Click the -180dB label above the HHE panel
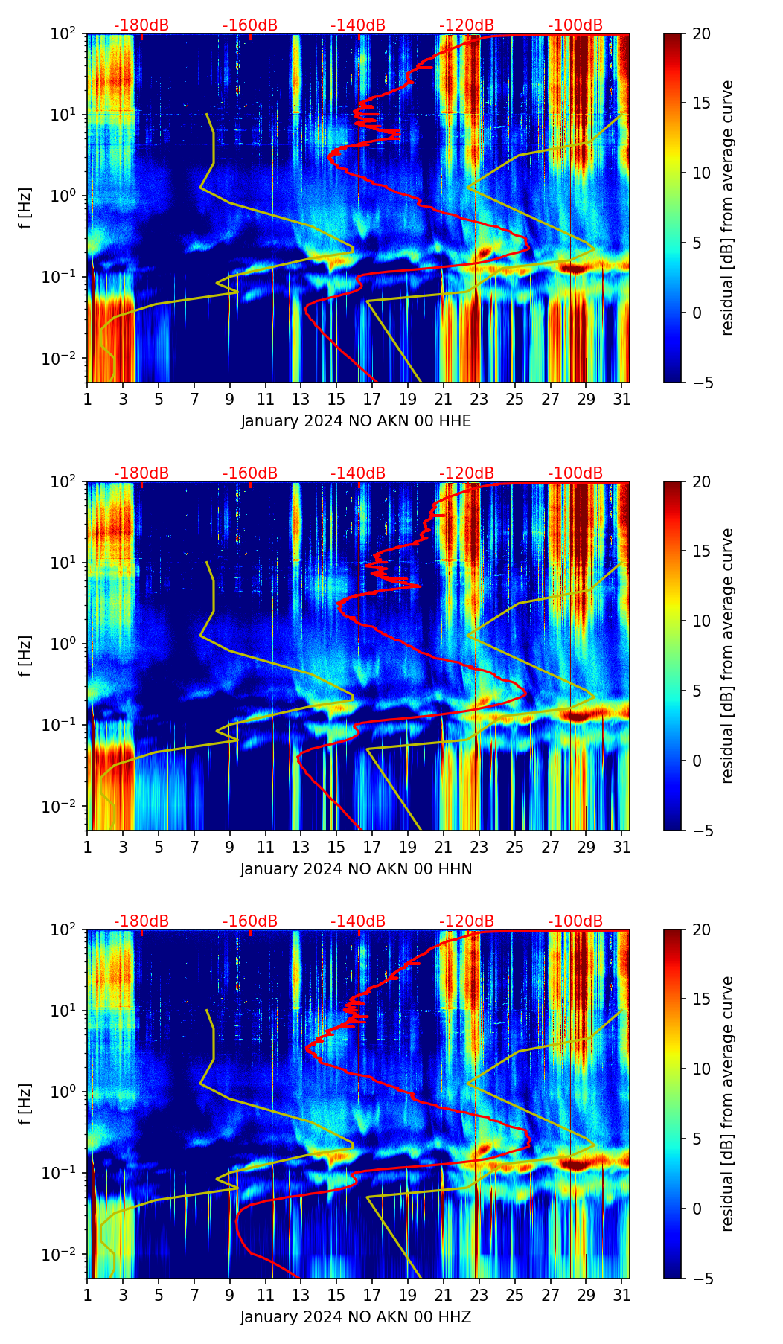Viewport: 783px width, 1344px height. (141, 25)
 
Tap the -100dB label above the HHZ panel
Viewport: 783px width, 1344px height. (575, 921)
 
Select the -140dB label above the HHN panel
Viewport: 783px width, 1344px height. (358, 473)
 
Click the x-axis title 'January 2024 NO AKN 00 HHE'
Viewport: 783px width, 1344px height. (356, 421)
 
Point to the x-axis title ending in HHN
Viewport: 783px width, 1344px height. (356, 869)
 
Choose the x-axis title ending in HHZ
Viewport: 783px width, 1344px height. (356, 1317)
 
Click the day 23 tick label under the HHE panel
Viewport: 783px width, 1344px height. (479, 400)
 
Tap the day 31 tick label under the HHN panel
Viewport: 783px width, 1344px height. (621, 848)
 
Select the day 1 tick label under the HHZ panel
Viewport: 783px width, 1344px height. (87, 1296)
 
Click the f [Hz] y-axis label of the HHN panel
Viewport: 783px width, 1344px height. (25, 656)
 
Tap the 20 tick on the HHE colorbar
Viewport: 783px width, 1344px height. (701, 33)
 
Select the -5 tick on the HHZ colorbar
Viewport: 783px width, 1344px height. (703, 1279)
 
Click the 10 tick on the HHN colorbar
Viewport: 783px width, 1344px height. (701, 621)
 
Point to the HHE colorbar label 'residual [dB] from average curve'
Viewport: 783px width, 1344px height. (727, 208)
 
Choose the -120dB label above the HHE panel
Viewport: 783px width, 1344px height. (467, 25)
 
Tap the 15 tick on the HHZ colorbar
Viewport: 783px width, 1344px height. (701, 999)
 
